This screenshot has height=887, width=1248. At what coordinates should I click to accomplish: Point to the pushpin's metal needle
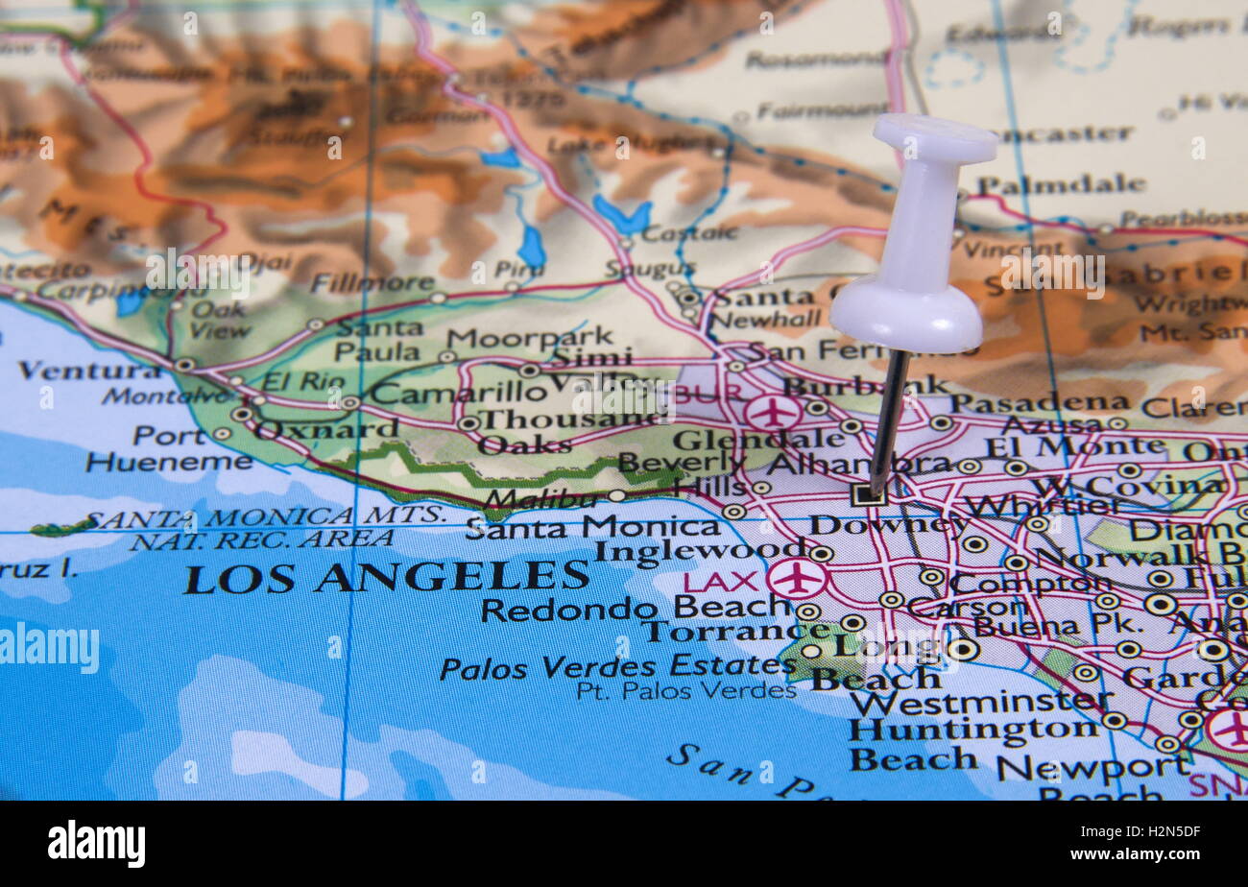pos(889,422)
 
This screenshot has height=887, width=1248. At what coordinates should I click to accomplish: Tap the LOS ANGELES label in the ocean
pos(386,577)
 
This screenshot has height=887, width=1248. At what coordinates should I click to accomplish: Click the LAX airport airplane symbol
pos(797,579)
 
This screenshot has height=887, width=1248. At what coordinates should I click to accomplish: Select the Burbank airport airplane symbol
pos(772,413)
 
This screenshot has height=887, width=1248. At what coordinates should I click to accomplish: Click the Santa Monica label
pos(592,526)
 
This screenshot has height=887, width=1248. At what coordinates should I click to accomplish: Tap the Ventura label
pos(90,370)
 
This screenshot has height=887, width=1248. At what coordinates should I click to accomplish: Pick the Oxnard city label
pos(326,428)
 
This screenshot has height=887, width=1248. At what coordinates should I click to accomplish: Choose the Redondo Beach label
pos(636,609)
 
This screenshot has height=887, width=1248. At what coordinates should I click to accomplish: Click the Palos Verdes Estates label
pos(617,666)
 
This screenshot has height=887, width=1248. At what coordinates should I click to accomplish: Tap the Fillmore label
pos(372,283)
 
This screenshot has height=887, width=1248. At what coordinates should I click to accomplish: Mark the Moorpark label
pos(530,337)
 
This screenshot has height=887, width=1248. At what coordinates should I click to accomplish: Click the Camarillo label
pos(459,393)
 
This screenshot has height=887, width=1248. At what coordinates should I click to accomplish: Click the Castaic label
pos(688,233)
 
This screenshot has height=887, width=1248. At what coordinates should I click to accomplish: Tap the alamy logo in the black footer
pos(97,843)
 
